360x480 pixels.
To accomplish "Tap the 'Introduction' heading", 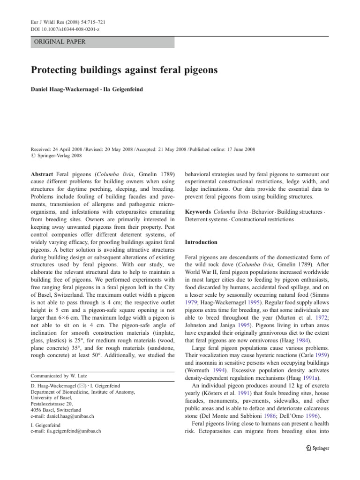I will coord(201,242).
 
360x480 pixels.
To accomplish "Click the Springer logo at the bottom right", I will coord(316,448).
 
